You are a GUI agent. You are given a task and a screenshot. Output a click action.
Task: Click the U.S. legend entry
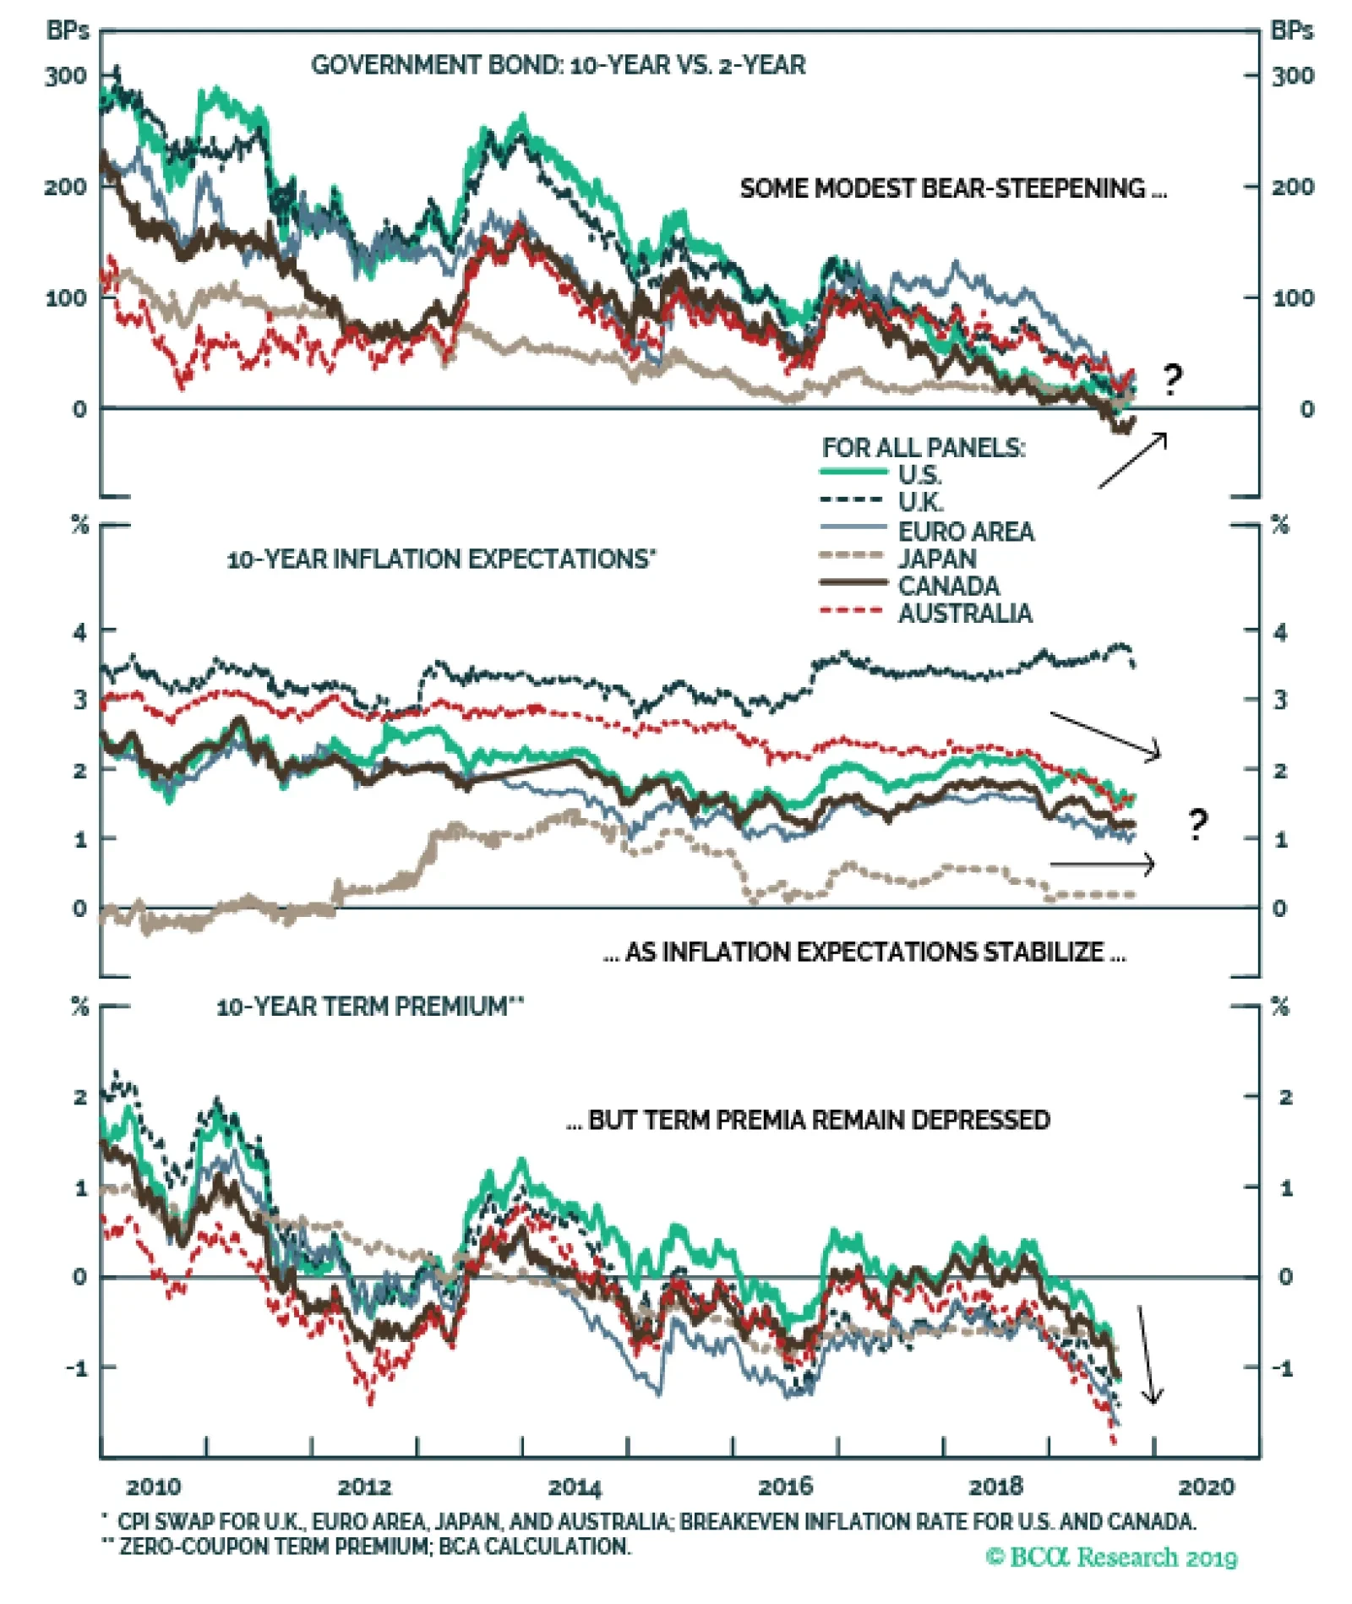click(919, 475)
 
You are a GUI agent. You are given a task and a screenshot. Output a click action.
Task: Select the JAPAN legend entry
click(936, 559)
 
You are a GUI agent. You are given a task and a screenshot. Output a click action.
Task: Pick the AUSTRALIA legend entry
click(964, 614)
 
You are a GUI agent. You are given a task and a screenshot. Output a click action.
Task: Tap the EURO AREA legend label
click(965, 532)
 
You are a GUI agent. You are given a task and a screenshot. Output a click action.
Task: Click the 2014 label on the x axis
click(575, 1487)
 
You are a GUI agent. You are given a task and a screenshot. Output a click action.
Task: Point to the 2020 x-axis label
click(1206, 1487)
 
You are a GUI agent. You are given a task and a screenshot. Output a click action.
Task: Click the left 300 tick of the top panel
click(66, 76)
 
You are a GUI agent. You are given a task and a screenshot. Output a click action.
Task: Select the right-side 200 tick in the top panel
click(1292, 187)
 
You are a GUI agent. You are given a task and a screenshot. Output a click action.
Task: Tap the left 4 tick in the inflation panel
click(80, 631)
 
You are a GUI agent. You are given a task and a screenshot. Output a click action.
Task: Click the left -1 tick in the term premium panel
click(77, 1367)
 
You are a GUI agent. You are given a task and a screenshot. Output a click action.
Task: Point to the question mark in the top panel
click(1172, 380)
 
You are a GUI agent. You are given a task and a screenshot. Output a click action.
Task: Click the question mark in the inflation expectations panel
click(1197, 824)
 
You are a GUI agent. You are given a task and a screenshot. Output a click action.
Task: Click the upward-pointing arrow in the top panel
click(1133, 461)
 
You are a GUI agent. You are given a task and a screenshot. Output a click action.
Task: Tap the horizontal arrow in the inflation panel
click(1102, 864)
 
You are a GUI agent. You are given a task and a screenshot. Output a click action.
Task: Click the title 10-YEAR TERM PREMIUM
click(369, 1007)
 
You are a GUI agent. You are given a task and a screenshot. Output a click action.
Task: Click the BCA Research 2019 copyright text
click(1111, 1557)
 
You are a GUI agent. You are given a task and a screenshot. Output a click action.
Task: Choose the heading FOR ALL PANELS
click(923, 448)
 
